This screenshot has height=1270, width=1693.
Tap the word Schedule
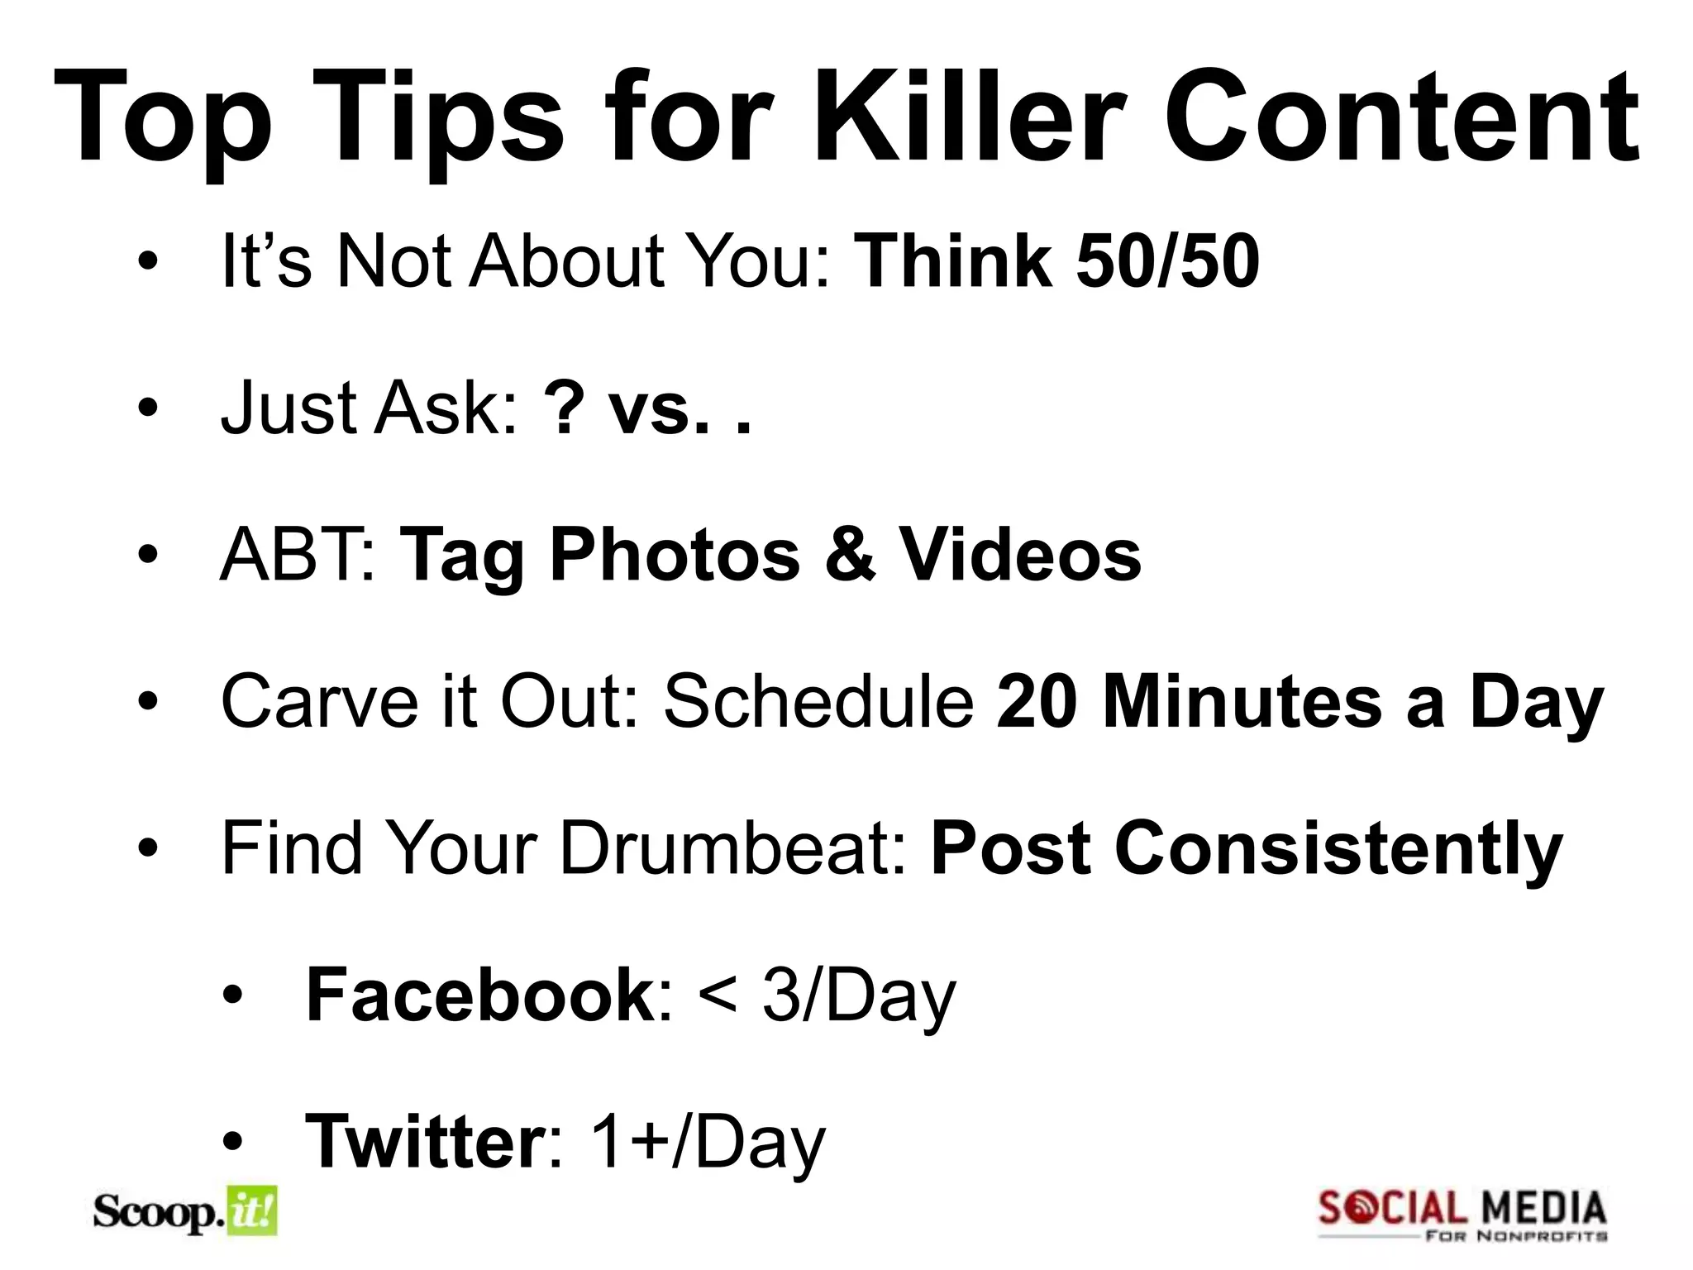818,701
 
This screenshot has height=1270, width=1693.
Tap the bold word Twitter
422,1142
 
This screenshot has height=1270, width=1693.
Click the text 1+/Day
708,1142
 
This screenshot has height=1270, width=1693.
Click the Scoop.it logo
185,1212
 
